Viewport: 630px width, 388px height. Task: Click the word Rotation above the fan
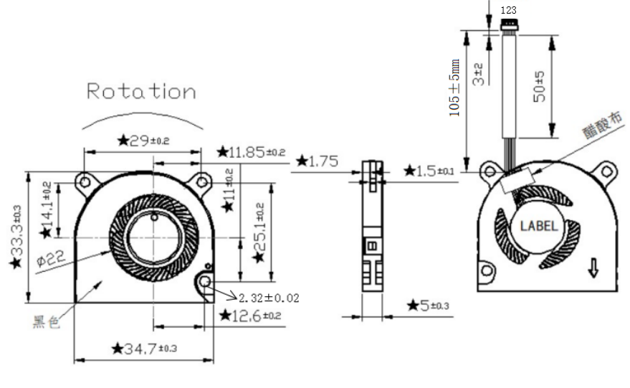click(x=141, y=92)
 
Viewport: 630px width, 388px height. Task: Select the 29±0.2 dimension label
click(x=143, y=140)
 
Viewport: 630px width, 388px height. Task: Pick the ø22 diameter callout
click(x=51, y=258)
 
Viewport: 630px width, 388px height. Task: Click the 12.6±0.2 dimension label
click(x=252, y=316)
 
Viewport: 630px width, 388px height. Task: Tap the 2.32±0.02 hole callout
click(x=269, y=298)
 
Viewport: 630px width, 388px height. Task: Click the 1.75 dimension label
click(x=316, y=161)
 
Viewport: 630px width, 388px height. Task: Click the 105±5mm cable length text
click(x=454, y=88)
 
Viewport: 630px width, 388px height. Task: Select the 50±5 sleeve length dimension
click(x=540, y=85)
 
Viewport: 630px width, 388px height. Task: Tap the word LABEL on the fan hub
click(x=538, y=226)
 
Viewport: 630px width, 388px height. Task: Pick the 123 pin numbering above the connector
click(x=508, y=10)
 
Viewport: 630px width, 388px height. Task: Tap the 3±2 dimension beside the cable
click(x=478, y=73)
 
